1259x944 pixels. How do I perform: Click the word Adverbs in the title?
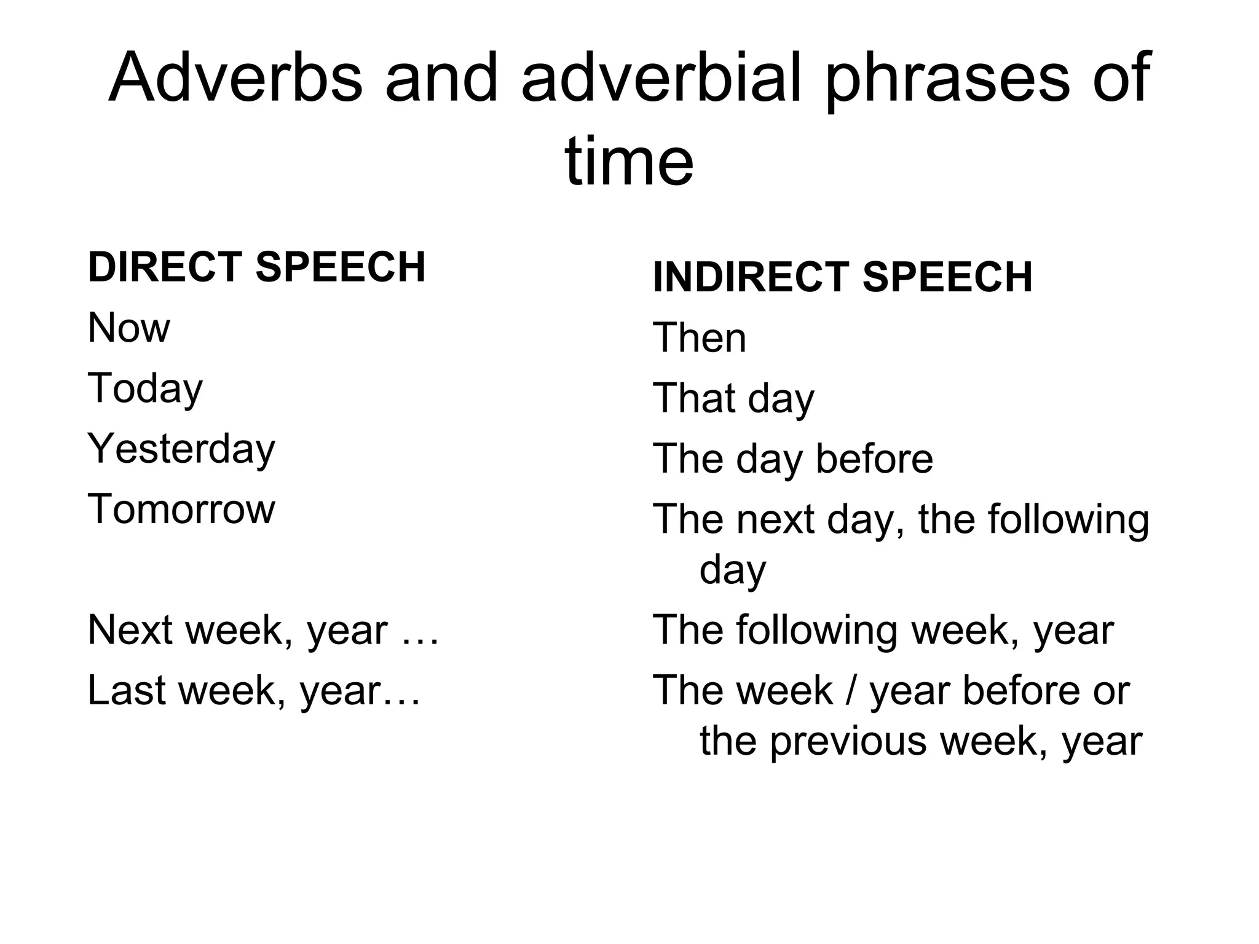point(235,79)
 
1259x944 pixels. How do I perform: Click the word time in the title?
point(629,162)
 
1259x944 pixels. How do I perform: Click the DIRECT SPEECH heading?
point(256,267)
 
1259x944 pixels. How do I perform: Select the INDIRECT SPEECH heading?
point(842,278)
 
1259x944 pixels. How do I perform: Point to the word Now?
point(128,328)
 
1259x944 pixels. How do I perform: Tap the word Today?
point(145,389)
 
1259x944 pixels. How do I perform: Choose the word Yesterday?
point(181,449)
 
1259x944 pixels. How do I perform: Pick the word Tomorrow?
point(181,509)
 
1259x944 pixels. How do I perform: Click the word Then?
point(699,338)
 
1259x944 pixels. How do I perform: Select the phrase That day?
point(733,399)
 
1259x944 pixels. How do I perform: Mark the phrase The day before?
point(792,459)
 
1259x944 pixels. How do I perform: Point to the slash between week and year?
point(851,690)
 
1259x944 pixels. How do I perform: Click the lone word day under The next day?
point(732,571)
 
